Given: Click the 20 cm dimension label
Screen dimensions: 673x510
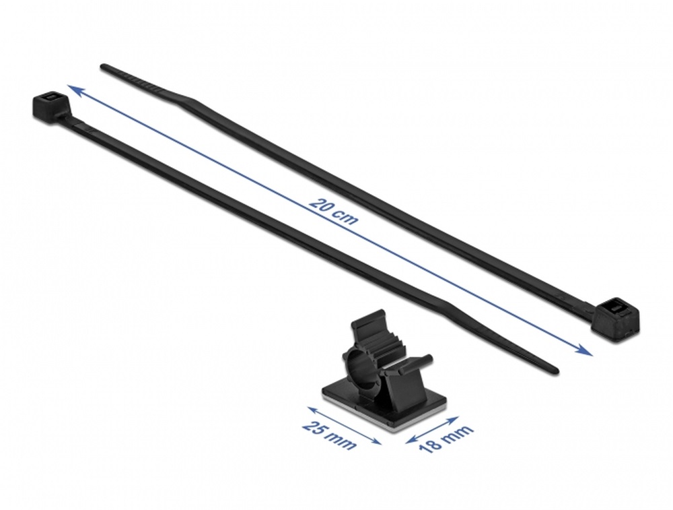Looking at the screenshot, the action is click(x=333, y=210).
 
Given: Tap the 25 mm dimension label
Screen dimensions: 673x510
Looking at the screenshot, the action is click(x=330, y=435).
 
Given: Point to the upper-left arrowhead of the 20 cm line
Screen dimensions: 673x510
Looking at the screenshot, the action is click(x=76, y=90).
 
